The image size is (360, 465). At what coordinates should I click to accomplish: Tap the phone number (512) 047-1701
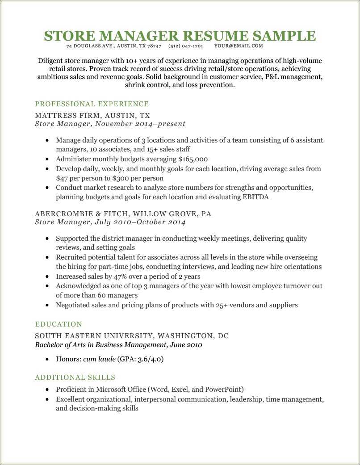click(x=186, y=46)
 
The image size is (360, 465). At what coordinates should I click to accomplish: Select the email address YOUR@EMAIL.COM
click(x=239, y=46)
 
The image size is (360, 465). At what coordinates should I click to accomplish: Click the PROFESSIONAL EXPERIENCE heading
click(x=92, y=104)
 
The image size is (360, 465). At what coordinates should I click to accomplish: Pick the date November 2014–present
click(x=140, y=124)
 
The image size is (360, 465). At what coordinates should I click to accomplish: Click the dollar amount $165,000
click(x=193, y=159)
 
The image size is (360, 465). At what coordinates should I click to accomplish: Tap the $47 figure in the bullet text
click(x=62, y=178)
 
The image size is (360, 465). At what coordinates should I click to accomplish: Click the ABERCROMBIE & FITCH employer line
click(x=123, y=214)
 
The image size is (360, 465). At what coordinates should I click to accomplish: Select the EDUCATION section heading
click(x=59, y=324)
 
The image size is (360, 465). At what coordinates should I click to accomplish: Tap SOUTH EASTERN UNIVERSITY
click(x=94, y=336)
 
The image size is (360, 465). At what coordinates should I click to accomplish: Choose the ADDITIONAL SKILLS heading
click(x=75, y=377)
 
